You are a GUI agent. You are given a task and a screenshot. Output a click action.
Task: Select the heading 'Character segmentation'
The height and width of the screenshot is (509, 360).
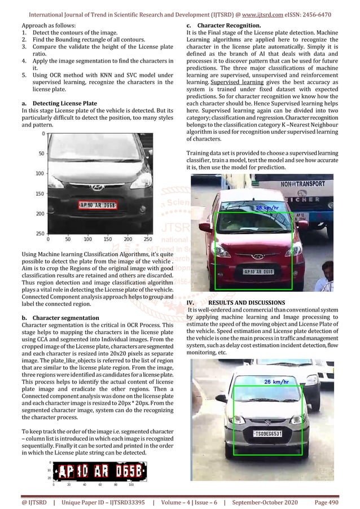click(63, 318)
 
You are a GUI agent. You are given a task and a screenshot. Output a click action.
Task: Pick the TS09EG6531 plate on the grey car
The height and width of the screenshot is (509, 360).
click(267, 433)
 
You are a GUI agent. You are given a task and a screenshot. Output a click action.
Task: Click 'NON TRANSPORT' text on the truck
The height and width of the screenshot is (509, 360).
click(303, 184)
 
